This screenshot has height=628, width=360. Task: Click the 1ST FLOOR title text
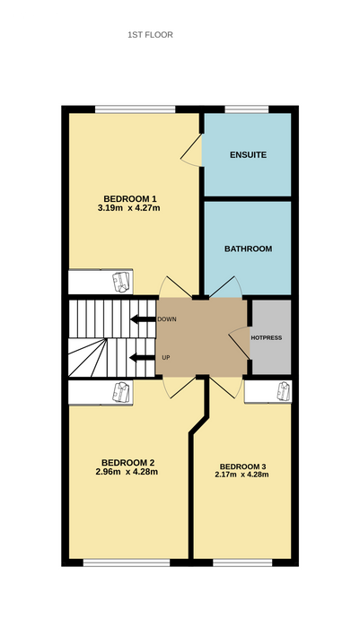click(x=150, y=35)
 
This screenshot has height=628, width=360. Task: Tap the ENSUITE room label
click(x=248, y=155)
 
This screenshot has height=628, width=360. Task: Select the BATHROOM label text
click(x=248, y=249)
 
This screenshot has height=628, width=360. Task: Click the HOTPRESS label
click(x=267, y=337)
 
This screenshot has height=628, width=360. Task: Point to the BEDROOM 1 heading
click(x=129, y=198)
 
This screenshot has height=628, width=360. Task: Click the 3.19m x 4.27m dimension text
click(x=129, y=207)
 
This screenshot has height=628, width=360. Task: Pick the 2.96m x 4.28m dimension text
click(x=127, y=472)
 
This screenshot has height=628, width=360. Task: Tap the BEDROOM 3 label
click(x=243, y=467)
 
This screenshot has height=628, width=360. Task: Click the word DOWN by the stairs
click(x=167, y=319)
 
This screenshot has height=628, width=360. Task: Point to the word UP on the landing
click(x=165, y=358)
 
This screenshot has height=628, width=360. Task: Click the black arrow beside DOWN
click(x=143, y=319)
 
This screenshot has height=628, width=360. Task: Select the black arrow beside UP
click(x=143, y=358)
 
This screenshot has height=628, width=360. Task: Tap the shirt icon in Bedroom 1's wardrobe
click(x=121, y=282)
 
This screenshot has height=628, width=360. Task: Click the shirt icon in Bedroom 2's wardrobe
click(x=121, y=392)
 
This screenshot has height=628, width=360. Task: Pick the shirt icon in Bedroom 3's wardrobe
click(x=285, y=390)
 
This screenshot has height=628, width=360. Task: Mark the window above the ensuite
click(x=247, y=109)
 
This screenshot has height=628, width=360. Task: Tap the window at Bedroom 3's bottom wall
click(x=243, y=563)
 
